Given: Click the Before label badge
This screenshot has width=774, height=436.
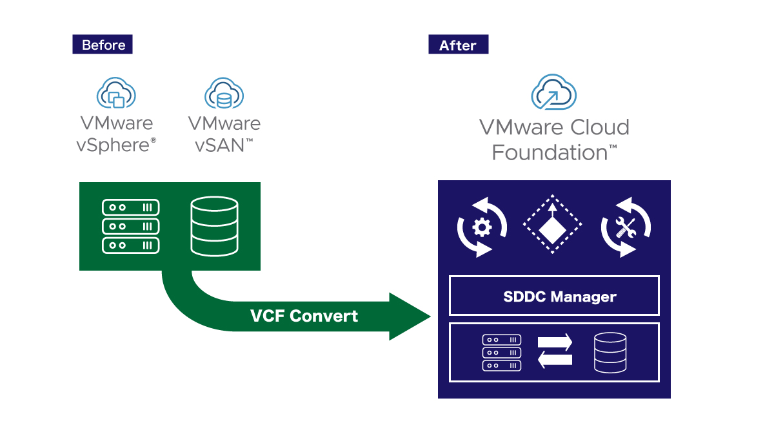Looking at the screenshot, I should pos(103,45).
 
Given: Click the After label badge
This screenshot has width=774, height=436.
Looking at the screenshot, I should pos(458,45).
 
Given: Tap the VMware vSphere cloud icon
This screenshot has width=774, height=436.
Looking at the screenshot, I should pos(116,94).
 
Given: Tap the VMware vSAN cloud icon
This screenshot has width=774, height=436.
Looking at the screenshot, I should pos(224,94).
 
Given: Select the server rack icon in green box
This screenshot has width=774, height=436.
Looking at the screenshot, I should pos(131,226).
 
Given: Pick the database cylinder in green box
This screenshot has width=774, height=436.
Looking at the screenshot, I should pos(214,226).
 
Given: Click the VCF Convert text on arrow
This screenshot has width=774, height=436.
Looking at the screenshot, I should pos(304,316).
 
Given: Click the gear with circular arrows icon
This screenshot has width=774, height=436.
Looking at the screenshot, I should pos(482,227).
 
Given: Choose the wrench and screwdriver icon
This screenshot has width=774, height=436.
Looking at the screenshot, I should pos(626,227).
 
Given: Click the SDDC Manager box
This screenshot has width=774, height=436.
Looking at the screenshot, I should pos(554,296).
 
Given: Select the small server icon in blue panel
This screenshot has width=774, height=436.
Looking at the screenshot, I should pos(501,352).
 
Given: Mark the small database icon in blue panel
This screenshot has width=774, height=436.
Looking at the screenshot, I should pos(610,352).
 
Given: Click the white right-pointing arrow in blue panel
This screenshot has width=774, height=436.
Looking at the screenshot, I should pos(555,342).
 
